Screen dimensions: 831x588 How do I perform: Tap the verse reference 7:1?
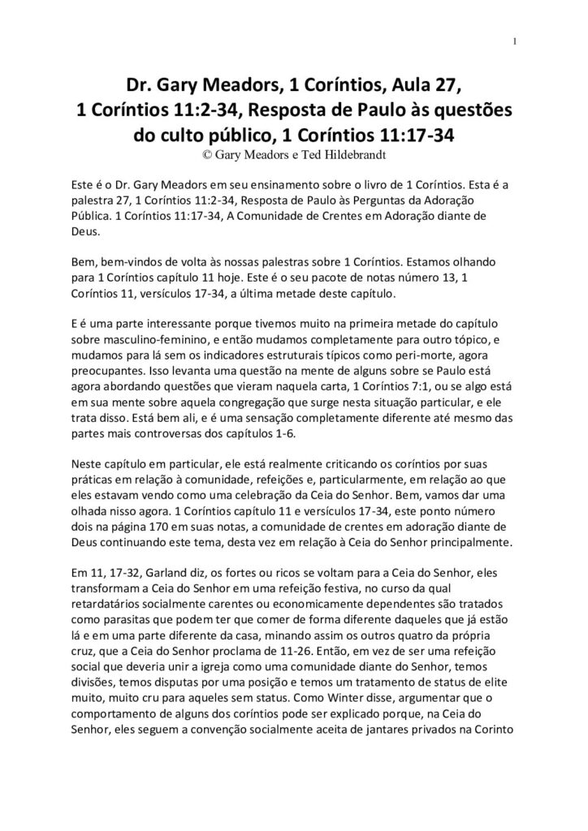click(425, 377)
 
